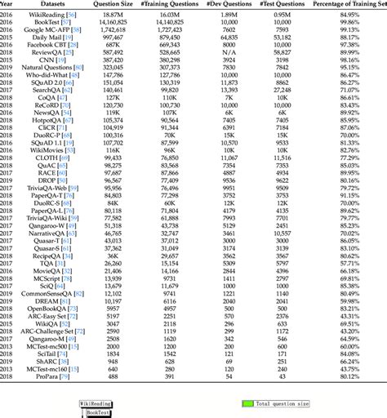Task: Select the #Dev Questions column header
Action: click(229, 4)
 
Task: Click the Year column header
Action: click(7, 4)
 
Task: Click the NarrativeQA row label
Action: click(51, 232)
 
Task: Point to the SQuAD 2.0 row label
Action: click(51, 82)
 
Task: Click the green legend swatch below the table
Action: click(247, 403)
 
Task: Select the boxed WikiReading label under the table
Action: click(96, 403)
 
